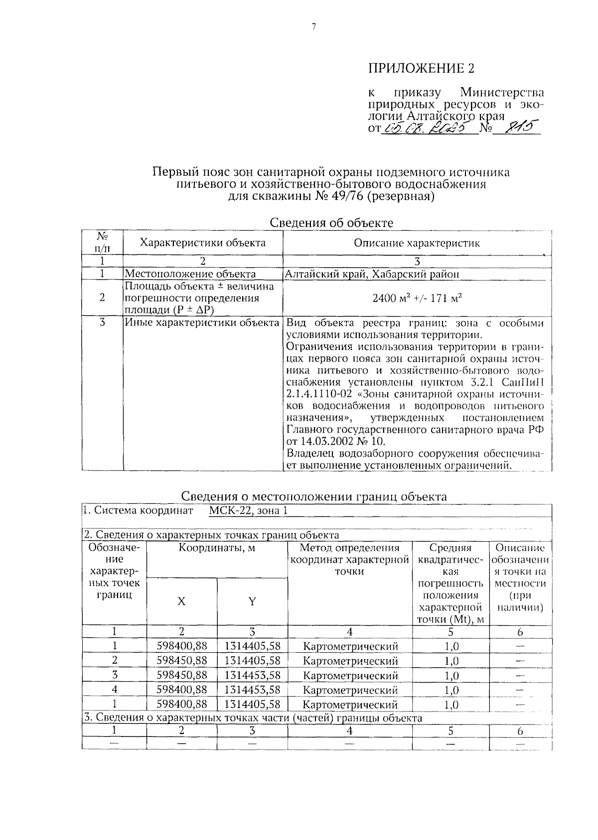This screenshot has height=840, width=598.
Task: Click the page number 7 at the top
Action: (314, 28)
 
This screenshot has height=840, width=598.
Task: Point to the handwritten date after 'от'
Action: (427, 129)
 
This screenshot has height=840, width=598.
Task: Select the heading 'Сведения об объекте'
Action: (331, 223)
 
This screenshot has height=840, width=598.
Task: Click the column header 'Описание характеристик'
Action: (417, 243)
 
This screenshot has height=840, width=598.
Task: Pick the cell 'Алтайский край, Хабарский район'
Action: (372, 274)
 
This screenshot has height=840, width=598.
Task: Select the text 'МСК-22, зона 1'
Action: (248, 510)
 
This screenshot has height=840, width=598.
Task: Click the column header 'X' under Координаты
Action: (181, 601)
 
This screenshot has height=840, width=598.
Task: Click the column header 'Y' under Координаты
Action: (252, 601)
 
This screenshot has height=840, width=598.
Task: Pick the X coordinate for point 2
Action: (181, 661)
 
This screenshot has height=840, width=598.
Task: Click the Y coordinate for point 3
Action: (252, 675)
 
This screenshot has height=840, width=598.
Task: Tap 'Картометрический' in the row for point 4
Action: (350, 690)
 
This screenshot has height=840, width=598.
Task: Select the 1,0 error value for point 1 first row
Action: (451, 646)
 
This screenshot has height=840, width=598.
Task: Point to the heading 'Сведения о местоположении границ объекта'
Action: (313, 496)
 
